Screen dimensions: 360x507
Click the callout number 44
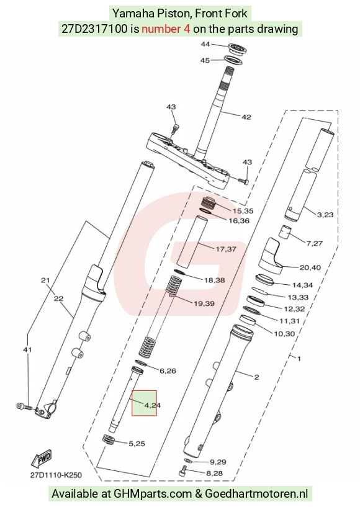(x=205, y=44)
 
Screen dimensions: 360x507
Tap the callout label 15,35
(x=243, y=211)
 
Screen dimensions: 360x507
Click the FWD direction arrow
(x=42, y=459)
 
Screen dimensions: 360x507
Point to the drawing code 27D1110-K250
(x=56, y=475)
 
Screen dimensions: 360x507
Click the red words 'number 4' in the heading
(x=166, y=29)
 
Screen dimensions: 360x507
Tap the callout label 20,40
(x=310, y=267)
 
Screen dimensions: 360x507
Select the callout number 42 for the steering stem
(x=246, y=117)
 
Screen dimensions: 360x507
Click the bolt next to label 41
(x=24, y=406)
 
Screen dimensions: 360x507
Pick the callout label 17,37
(x=226, y=249)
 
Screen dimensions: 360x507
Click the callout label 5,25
(x=137, y=444)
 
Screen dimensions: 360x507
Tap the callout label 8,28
(x=214, y=473)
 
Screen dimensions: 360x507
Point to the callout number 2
(x=256, y=377)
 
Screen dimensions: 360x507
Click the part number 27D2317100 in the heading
(x=94, y=29)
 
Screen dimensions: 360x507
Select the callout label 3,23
(x=325, y=215)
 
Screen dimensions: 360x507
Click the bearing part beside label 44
(x=238, y=49)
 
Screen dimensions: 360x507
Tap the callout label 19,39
(x=204, y=303)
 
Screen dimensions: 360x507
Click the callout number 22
(x=58, y=298)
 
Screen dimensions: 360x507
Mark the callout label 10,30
(x=284, y=334)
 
